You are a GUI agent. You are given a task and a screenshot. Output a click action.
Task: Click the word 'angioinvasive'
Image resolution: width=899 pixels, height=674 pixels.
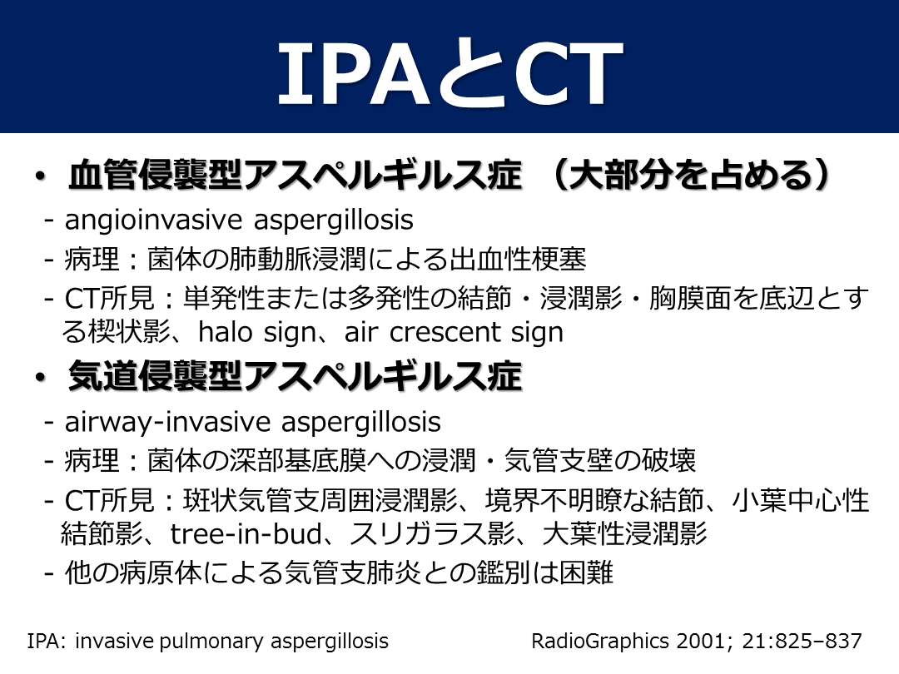click(x=154, y=221)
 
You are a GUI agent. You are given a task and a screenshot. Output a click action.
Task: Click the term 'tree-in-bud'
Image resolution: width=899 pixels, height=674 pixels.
click(x=246, y=534)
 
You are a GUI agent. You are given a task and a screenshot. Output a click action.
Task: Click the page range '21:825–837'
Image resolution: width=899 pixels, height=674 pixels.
click(x=802, y=641)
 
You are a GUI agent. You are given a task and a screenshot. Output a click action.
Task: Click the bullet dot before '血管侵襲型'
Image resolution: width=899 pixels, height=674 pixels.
click(x=39, y=176)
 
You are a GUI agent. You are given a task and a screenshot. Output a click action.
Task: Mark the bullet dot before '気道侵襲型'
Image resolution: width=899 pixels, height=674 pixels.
click(x=39, y=378)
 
